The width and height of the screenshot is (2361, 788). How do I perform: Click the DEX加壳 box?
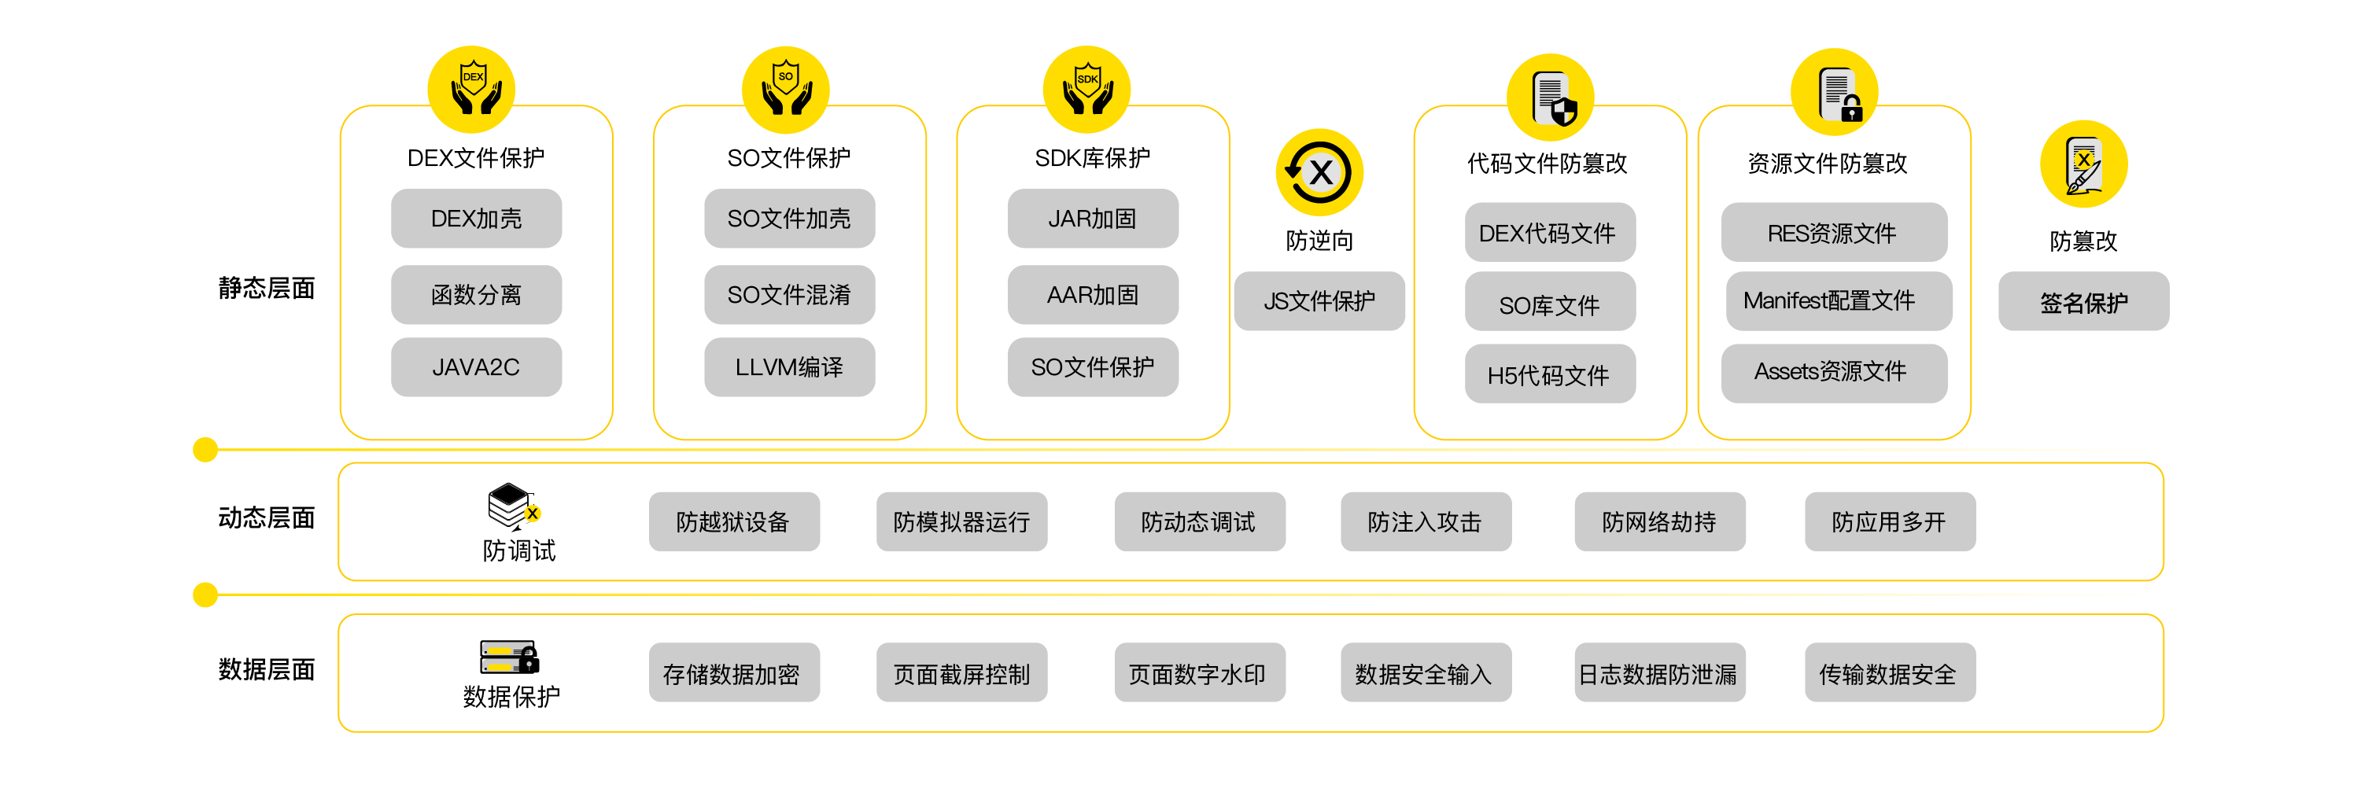[x=476, y=219]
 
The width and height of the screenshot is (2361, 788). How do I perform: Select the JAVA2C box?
[x=476, y=367]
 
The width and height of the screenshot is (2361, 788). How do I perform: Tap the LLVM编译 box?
[x=789, y=367]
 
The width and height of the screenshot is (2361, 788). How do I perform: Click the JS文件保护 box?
[x=1319, y=301]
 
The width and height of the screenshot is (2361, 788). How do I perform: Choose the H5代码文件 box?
[x=1549, y=375]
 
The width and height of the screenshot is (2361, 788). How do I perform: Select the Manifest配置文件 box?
[x=1838, y=301]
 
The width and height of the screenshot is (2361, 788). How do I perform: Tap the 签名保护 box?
[x=2083, y=302]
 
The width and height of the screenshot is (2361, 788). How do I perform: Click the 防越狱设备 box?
[x=733, y=522]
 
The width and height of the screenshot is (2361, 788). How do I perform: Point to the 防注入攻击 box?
[x=1426, y=522]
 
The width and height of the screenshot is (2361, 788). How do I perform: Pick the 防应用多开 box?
[x=1889, y=522]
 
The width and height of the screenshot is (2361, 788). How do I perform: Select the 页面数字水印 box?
[x=1199, y=675]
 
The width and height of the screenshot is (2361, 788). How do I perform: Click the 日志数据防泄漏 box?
[x=1659, y=675]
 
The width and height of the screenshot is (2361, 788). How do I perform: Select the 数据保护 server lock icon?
[x=510, y=657]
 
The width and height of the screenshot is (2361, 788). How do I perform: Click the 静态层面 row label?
[x=267, y=289]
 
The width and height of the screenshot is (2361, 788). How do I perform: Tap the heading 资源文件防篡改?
[x=1828, y=164]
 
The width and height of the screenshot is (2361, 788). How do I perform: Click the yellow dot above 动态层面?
[x=205, y=450]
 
